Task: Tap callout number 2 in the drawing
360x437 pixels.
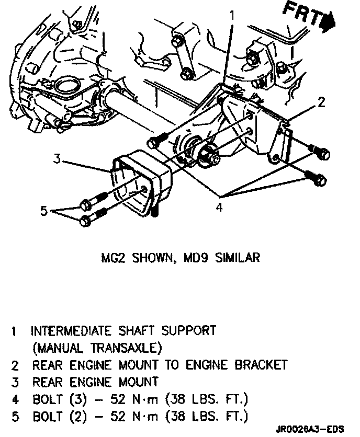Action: pyautogui.click(x=322, y=102)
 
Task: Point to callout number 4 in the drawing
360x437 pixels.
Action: pyautogui.click(x=220, y=208)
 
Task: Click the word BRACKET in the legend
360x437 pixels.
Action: pyautogui.click(x=258, y=364)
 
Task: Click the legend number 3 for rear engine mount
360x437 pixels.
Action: pyautogui.click(x=16, y=382)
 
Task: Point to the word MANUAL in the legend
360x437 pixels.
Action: pyautogui.click(x=55, y=348)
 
